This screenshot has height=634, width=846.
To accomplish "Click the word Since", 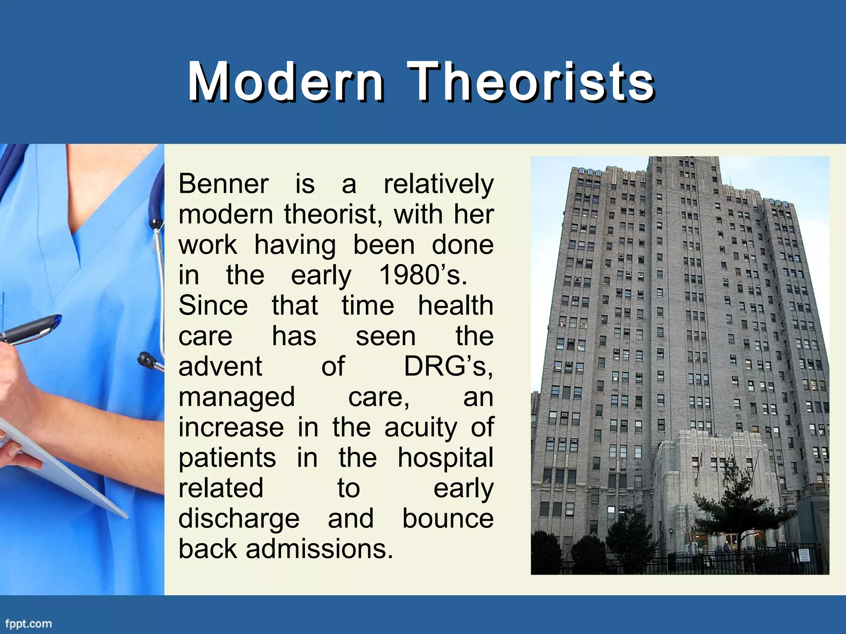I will coord(213,305).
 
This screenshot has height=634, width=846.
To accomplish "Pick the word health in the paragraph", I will coord(456,305).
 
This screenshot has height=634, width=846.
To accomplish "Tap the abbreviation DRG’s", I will coord(448,366).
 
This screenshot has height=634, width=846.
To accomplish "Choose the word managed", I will coord(237,397).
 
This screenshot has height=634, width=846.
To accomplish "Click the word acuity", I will coord(421,427).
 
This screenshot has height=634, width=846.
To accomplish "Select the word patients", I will coord(227,458).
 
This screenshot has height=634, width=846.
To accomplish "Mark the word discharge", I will coord(239,519).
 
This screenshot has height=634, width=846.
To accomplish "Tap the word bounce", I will coord(448,518).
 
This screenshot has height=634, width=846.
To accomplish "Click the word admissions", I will coord(319,549).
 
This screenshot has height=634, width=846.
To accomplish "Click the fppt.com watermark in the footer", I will coord(29,623).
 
